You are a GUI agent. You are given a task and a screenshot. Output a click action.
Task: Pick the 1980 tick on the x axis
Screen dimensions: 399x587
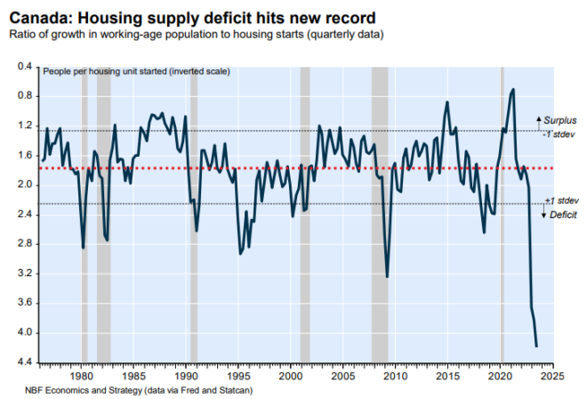pos(81,374)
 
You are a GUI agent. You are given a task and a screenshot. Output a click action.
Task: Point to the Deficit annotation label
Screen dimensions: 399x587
pos(558,216)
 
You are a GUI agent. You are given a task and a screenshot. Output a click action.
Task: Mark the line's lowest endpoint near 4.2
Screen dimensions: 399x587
pos(536,346)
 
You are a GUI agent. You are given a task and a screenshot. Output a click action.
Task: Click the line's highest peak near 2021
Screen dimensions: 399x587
pos(513,89)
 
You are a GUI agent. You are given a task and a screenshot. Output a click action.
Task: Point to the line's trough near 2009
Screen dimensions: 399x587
pos(387,276)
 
